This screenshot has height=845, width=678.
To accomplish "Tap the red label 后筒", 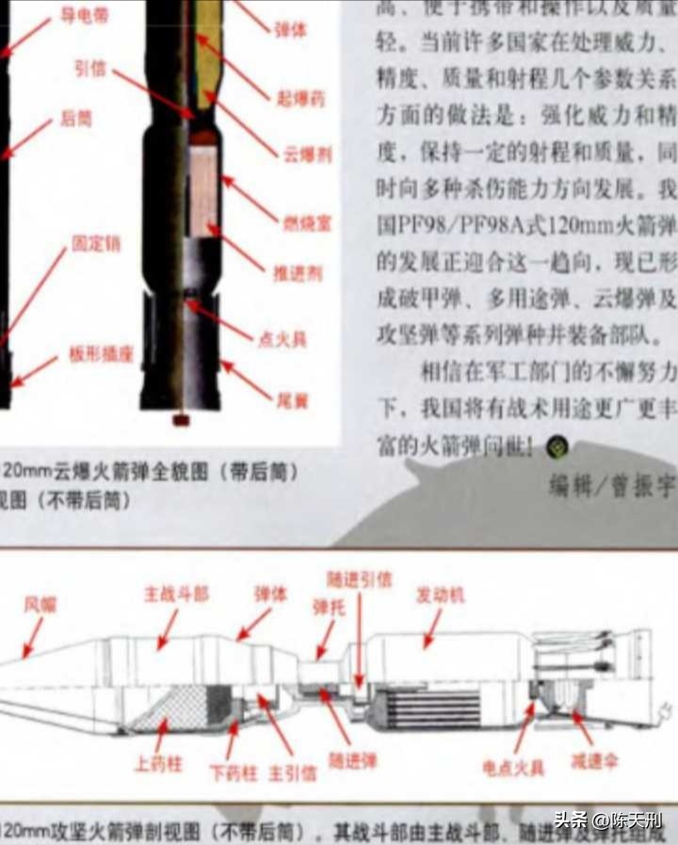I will click(x=76, y=120).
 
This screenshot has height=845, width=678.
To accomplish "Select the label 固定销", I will click(x=96, y=243).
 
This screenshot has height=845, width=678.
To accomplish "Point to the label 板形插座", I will click(x=101, y=354).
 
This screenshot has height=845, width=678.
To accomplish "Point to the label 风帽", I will click(x=40, y=604).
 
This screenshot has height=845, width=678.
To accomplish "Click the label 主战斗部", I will click(x=176, y=594).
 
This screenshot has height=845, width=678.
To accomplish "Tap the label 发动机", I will click(x=441, y=595).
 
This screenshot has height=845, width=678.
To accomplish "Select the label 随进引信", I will click(x=359, y=580).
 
